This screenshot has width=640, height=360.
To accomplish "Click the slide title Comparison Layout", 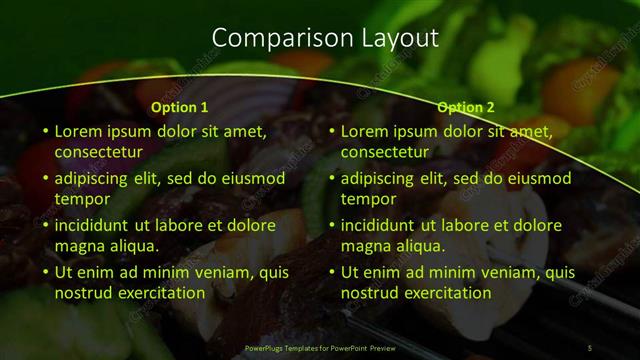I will (x=326, y=38).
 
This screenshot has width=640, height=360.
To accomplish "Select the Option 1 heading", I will (x=180, y=107).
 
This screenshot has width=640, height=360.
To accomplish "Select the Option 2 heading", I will (x=466, y=107).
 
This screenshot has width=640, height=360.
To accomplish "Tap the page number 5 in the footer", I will (x=590, y=347).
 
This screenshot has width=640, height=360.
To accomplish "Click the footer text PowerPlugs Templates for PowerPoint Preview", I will (x=319, y=347).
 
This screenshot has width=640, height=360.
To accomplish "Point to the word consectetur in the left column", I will (x=98, y=153).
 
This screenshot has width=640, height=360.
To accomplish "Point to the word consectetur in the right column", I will (x=384, y=153).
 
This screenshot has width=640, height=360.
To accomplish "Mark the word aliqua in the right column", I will (x=418, y=246).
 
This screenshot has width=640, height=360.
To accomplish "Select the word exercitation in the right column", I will (x=443, y=293).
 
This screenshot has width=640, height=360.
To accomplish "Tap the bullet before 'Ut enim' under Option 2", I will (x=332, y=272).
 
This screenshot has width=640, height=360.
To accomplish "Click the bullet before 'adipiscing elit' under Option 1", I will (x=46, y=178).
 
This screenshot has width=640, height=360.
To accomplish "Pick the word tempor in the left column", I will (x=79, y=199).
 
